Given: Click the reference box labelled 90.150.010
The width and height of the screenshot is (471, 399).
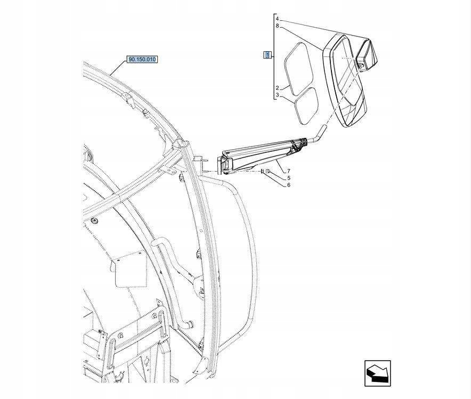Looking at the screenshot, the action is pos(142,59).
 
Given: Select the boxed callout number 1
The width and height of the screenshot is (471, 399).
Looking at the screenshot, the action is pos(269,54).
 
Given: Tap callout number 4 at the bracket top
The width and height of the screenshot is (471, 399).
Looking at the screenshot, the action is pos(278,19).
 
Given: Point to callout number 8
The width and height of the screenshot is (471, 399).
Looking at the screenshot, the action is pos(278,26).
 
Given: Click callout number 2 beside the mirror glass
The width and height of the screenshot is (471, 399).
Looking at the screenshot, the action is pos(278,88).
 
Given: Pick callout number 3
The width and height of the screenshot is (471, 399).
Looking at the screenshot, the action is pos(278,95).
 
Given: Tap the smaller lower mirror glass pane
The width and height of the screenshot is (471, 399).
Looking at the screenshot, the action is pos(306,105).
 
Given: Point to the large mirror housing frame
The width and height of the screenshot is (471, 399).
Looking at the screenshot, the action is pos(345,80).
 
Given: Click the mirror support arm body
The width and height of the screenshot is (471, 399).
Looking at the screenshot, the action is pos(261,154).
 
